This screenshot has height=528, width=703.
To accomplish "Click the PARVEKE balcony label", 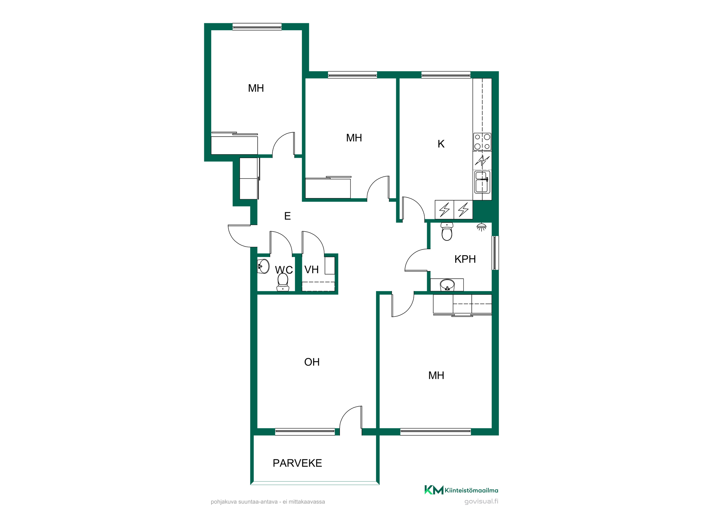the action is pyautogui.click(x=297, y=463).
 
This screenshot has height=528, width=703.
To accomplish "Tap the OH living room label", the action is pyautogui.click(x=312, y=362).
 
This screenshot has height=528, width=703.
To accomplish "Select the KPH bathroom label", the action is pyautogui.click(x=465, y=259).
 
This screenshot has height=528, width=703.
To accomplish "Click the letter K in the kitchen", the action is pyautogui.click(x=441, y=144).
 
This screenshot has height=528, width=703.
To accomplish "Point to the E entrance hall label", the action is pyautogui.click(x=288, y=216).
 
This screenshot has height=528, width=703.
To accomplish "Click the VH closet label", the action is pyautogui.click(x=311, y=270).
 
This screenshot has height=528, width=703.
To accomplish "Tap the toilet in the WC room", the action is pyautogui.click(x=283, y=282).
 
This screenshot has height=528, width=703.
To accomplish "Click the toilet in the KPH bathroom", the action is pyautogui.click(x=447, y=232).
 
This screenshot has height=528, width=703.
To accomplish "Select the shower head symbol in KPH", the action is pyautogui.click(x=482, y=227).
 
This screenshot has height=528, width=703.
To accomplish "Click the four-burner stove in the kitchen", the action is pyautogui.click(x=482, y=142).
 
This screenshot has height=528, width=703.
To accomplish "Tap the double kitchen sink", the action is pyautogui.click(x=482, y=182).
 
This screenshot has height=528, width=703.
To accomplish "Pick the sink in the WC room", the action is pyautogui.click(x=263, y=266).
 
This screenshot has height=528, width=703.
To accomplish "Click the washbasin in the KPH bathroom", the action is pyautogui.click(x=447, y=285).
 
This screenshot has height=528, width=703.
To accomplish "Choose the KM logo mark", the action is pyautogui.click(x=434, y=490).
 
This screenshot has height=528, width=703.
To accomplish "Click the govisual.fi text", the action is pyautogui.click(x=481, y=501).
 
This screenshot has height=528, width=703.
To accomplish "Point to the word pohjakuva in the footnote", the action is pyautogui.click(x=224, y=502).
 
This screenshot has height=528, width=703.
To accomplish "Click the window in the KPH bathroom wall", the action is pyautogui.click(x=495, y=253).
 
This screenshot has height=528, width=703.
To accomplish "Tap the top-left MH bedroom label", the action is pyautogui.click(x=256, y=88).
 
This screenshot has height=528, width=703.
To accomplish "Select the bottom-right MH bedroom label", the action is pyautogui.click(x=436, y=376).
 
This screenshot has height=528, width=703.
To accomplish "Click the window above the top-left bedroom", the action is pyautogui.click(x=257, y=27).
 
